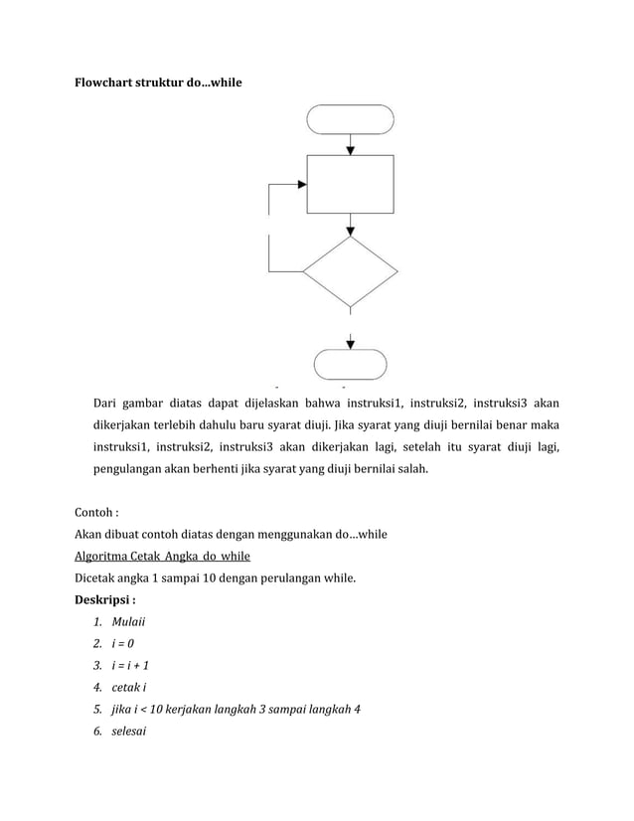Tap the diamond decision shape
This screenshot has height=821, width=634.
[350, 270]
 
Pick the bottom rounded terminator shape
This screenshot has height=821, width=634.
[350, 364]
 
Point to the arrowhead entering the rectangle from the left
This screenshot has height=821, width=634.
[301, 184]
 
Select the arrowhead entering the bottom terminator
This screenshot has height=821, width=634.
[350, 343]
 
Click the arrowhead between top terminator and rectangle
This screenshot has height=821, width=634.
[350, 149]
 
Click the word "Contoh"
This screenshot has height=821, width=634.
[94, 514]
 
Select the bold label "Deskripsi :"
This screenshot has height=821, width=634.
[105, 599]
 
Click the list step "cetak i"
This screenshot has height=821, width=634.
[128, 687]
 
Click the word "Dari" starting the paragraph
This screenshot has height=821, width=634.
[106, 404]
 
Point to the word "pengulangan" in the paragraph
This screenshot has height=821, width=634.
[127, 465]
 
